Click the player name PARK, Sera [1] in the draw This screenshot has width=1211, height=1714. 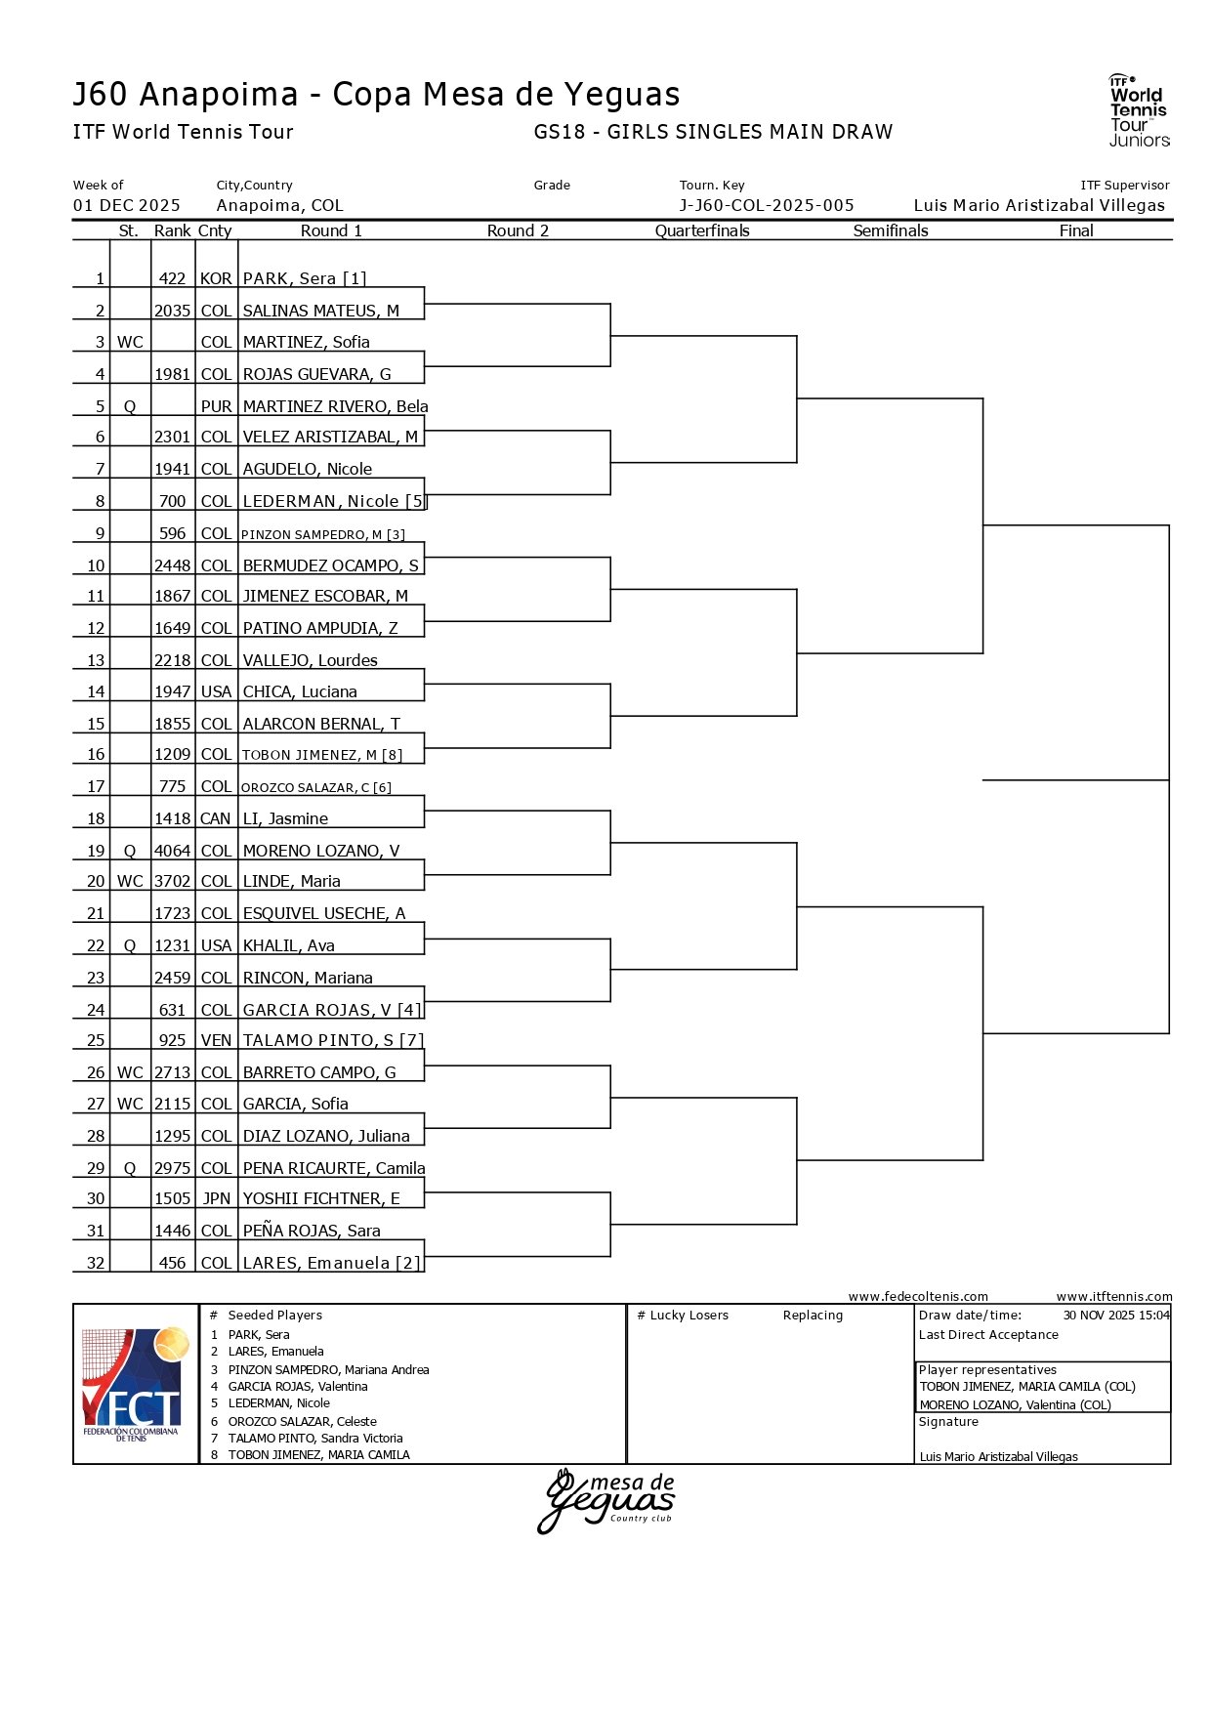[x=305, y=278]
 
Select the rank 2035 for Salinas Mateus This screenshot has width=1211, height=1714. [x=172, y=311]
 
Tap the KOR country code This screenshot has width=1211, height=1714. [x=216, y=278]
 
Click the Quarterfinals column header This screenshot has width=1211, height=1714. [x=702, y=230]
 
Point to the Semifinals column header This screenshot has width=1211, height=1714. [x=891, y=230]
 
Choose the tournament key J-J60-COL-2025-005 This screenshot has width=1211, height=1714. [x=767, y=205]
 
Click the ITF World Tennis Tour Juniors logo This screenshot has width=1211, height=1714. [x=1138, y=110]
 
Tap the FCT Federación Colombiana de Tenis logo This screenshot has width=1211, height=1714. [x=135, y=1384]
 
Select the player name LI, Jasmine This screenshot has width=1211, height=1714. [x=285, y=818]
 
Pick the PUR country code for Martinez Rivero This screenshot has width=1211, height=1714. [x=216, y=406]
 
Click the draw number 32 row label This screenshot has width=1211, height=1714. [x=96, y=1263]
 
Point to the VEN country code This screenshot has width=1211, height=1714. [x=216, y=1040]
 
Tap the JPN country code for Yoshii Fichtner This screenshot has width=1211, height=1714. [x=216, y=1198]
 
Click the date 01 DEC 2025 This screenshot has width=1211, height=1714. [x=127, y=205]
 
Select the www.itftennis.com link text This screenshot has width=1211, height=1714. [x=1114, y=1297]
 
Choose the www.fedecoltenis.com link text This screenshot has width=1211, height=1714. [x=918, y=1297]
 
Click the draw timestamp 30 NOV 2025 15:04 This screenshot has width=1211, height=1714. [x=1116, y=1316]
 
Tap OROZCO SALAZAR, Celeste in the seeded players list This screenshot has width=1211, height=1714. [x=302, y=1422]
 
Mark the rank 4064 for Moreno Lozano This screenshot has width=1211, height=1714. [x=172, y=851]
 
